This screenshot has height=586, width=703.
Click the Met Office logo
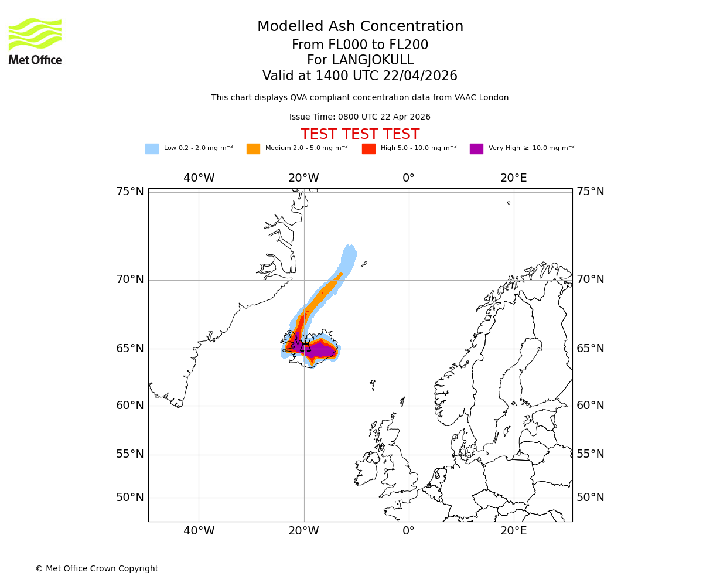(35, 41)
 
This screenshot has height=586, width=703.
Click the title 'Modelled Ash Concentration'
(360, 27)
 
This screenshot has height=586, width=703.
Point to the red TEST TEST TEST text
(360, 134)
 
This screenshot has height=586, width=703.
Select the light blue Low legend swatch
(152, 149)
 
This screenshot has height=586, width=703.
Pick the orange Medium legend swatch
(253, 149)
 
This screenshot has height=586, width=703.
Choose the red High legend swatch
(368, 149)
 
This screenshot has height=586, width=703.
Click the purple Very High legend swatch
(476, 149)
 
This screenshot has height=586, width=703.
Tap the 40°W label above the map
(199, 178)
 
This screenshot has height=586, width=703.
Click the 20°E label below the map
(513, 531)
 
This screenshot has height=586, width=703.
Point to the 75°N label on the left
(129, 192)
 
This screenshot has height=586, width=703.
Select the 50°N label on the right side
(590, 498)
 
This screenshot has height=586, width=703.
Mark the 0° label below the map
(408, 531)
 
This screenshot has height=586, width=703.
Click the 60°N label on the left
(129, 406)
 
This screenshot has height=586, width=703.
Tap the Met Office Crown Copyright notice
(97, 568)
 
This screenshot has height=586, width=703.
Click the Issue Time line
(360, 117)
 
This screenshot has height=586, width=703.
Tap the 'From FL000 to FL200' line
(360, 45)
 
